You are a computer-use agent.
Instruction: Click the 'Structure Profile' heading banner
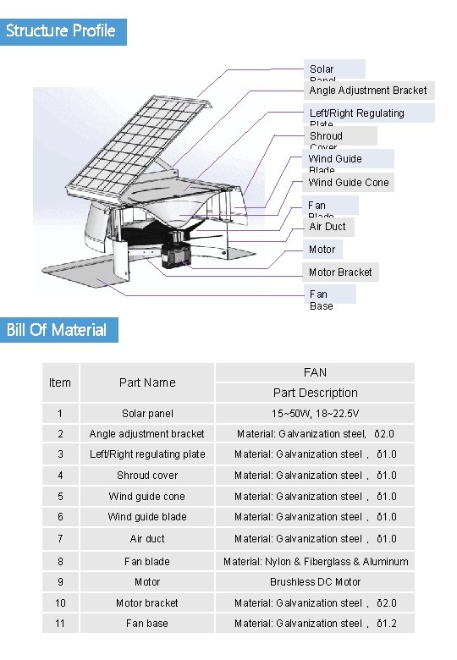(x=63, y=31)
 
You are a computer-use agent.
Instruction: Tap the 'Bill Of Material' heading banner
(x=58, y=330)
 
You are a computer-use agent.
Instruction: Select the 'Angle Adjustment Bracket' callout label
(x=367, y=91)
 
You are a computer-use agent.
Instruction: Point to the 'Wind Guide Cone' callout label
(x=348, y=182)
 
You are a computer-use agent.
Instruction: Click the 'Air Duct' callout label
(x=328, y=227)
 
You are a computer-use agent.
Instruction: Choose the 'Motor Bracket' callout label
(x=340, y=272)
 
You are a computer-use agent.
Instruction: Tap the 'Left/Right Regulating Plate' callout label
(x=369, y=114)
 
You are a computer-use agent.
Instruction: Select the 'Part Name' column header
(x=147, y=382)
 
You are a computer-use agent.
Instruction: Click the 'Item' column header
(x=60, y=382)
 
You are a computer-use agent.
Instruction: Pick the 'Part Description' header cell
(x=315, y=393)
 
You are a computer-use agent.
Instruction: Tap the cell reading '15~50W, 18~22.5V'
(x=315, y=414)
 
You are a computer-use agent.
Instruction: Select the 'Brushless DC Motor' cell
(x=315, y=582)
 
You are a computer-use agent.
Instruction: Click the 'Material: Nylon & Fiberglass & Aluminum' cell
(x=315, y=561)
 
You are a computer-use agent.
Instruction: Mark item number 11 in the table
(x=60, y=624)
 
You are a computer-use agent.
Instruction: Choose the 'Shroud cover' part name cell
(x=147, y=476)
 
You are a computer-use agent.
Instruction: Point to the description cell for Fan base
(x=315, y=624)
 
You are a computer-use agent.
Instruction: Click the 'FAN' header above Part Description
(x=315, y=372)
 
